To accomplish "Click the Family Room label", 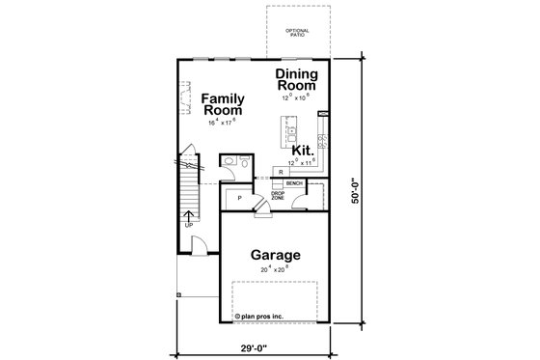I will point(223,104).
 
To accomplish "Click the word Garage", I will point(277,255).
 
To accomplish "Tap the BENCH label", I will point(294,182).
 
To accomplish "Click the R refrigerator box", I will point(279,172).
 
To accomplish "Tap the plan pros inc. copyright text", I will point(261,315).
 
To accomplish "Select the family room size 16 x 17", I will point(223,124).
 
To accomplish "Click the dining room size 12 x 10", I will point(299,97).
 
